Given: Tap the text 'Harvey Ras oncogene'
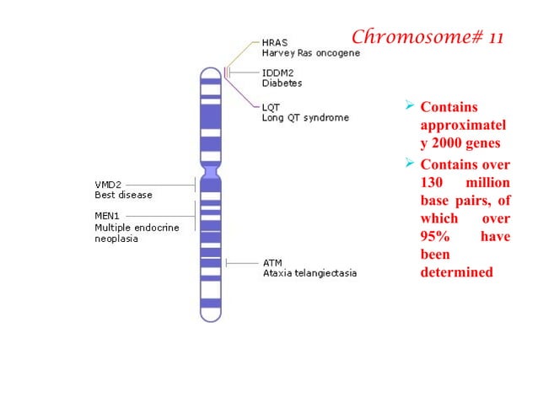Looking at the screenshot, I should (x=310, y=53).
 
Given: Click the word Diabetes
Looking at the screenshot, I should (x=282, y=83).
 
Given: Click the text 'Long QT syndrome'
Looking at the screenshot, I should (x=304, y=117).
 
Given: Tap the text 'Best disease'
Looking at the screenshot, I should (x=123, y=195).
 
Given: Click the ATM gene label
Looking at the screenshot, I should (x=272, y=263).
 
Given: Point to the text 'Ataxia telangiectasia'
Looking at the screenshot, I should (x=309, y=273).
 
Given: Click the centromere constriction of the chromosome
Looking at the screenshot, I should (x=210, y=172).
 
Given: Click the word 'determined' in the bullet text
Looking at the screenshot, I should (x=456, y=272).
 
